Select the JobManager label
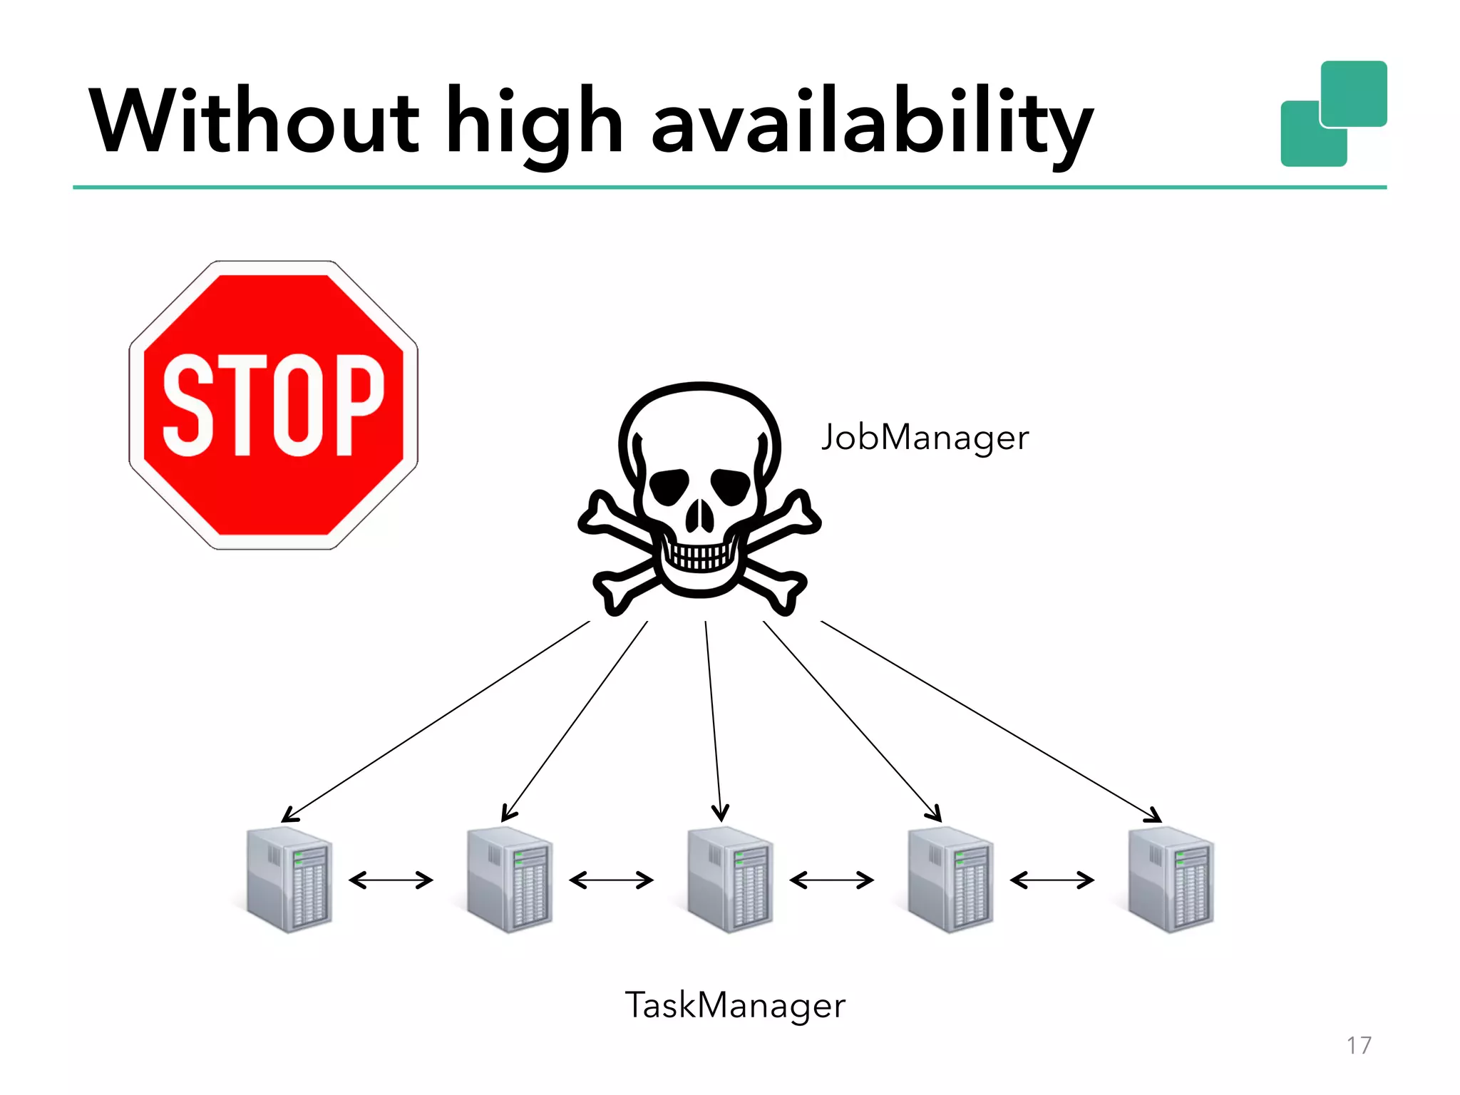925,437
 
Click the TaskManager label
735,1005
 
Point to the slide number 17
1359,1045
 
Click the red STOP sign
274,405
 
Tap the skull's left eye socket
668,486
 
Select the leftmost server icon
289,880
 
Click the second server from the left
510,880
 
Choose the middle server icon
730,880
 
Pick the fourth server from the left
950,880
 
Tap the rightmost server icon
1171,880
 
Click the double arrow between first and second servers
391,880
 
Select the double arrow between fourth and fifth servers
1052,880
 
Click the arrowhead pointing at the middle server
720,813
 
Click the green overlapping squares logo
1334,114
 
